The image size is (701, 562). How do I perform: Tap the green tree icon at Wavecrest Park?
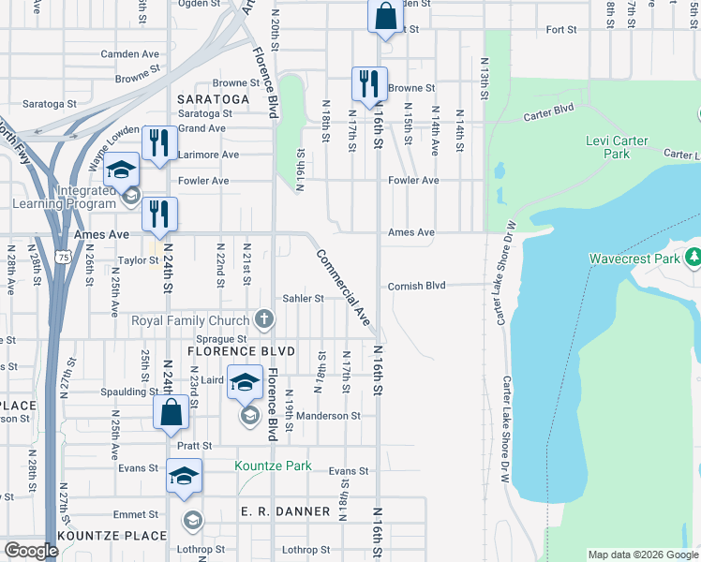coord(694,257)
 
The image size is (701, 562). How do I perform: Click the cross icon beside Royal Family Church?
coord(264,320)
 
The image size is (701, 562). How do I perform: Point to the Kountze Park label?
coord(273,466)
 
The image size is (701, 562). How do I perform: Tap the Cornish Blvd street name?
coord(416,286)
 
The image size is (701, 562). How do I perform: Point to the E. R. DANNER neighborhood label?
coord(286,511)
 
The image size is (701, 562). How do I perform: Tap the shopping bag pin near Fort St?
coord(384,17)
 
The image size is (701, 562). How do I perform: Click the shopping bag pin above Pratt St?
coord(170,413)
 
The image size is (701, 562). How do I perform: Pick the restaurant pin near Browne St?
coord(369,82)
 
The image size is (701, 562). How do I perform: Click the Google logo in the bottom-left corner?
coord(31,551)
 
